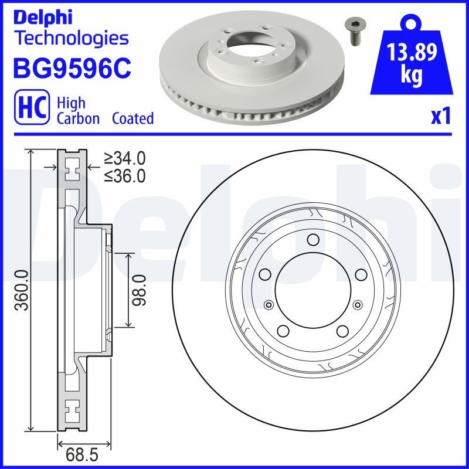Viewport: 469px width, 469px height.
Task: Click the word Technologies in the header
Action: click(x=70, y=39)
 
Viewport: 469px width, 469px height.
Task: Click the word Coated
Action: click(x=133, y=118)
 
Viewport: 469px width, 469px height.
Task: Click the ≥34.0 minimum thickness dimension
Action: click(x=124, y=158)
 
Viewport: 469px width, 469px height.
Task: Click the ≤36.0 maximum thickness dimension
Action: click(x=124, y=175)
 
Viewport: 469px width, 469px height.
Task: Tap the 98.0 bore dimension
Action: click(x=139, y=290)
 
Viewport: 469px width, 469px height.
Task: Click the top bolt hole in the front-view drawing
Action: click(x=312, y=239)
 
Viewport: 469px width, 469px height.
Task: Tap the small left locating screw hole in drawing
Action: click(x=269, y=304)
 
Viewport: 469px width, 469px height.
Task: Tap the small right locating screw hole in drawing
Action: click(x=356, y=304)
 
